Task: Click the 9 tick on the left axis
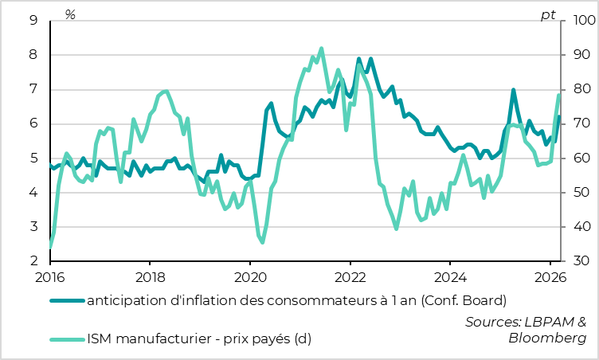coord(33,21)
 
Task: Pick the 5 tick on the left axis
coord(33,158)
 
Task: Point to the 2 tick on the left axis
coord(33,261)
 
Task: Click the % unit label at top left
coord(70,14)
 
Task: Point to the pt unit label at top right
coord(548,14)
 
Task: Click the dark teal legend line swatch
coord(66,301)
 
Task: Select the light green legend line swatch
coord(66,338)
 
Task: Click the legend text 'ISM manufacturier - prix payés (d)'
coord(199,338)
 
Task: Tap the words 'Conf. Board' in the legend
coord(462,301)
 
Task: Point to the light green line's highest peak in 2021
coord(321,48)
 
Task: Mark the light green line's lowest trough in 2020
coord(262,242)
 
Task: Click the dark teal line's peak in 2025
coord(514,90)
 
